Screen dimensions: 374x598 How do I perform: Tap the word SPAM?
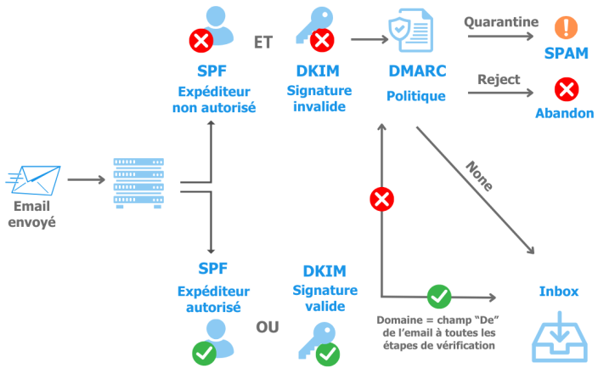[566, 54]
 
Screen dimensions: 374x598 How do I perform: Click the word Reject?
[499, 78]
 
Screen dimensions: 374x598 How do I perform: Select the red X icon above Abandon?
[565, 89]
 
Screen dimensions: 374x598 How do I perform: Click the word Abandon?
[565, 112]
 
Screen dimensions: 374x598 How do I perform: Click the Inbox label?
[558, 291]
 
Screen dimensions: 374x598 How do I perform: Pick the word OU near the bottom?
[268, 327]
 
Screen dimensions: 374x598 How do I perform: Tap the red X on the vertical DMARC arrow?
[382, 200]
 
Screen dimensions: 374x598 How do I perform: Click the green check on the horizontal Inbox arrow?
[438, 296]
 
